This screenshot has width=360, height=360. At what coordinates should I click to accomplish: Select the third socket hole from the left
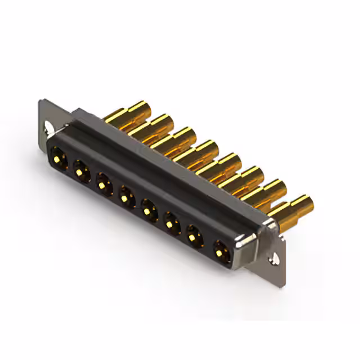(x=104, y=183)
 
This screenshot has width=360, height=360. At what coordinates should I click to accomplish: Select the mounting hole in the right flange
(x=275, y=259)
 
